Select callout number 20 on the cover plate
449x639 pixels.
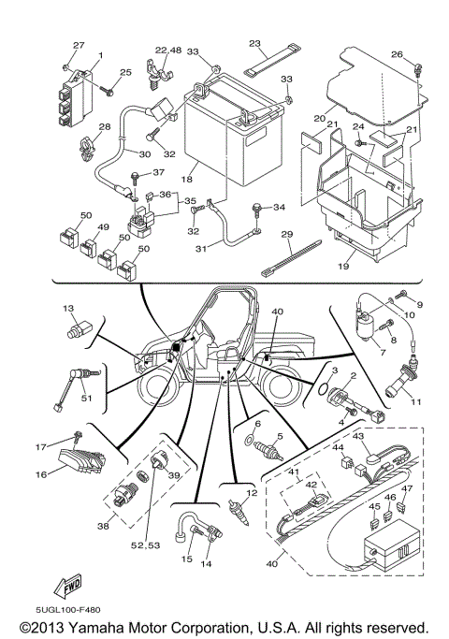tap(319, 119)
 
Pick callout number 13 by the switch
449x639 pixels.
tap(67, 308)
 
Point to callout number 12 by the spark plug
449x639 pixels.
tap(251, 493)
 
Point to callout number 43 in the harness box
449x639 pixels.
tap(358, 437)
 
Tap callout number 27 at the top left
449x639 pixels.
tap(79, 45)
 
